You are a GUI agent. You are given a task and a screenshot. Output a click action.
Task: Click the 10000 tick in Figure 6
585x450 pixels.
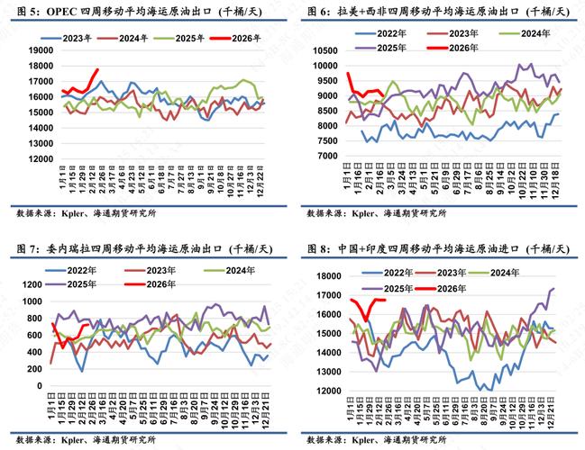325,64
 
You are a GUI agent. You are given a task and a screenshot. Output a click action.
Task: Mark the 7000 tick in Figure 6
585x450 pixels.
328,155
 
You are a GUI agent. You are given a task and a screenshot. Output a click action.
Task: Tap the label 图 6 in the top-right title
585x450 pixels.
316,11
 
